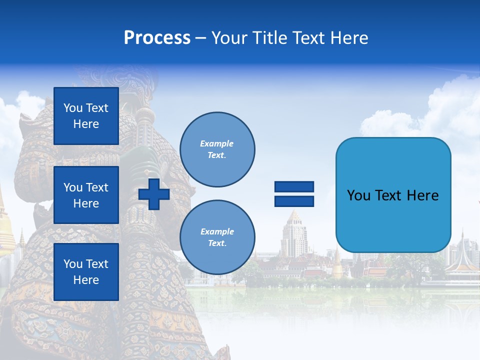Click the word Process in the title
[157, 38]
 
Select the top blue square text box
[86, 116]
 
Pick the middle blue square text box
[86, 195]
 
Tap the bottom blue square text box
[86, 271]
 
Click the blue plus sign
[154, 194]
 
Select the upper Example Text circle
[217, 149]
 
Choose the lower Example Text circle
[217, 237]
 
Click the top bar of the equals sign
[294, 187]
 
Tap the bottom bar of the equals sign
[294, 201]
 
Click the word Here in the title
[350, 38]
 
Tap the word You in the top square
[73, 108]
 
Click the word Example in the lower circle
[217, 231]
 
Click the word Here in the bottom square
[86, 280]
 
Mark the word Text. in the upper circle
[217, 155]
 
